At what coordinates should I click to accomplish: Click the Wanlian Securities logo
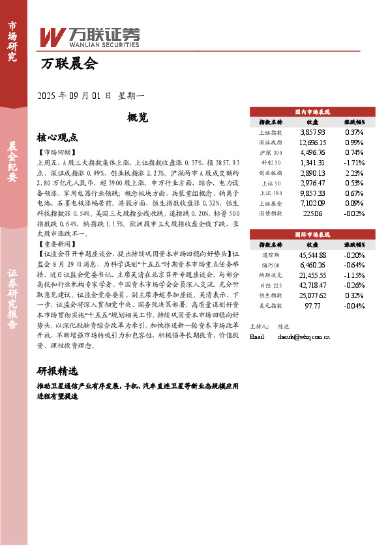pos(90,36)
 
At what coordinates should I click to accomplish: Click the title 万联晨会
pos(68,64)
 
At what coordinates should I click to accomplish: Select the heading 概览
pos(138,118)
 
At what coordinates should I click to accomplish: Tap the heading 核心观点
pos(57,138)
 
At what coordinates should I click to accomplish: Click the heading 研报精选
pos(57,372)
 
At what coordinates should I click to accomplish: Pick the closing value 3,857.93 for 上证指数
pos(312,131)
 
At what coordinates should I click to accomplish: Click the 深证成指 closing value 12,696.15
pos(312,142)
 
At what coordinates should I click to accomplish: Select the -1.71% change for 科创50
pos(354,163)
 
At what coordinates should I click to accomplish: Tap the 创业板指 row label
pos(270,173)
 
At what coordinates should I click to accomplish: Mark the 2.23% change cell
pos(354,173)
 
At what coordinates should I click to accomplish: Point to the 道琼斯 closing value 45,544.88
pos(312,255)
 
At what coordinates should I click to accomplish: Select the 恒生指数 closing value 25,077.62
pos(312,297)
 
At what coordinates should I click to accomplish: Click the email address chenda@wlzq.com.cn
pos(303,337)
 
